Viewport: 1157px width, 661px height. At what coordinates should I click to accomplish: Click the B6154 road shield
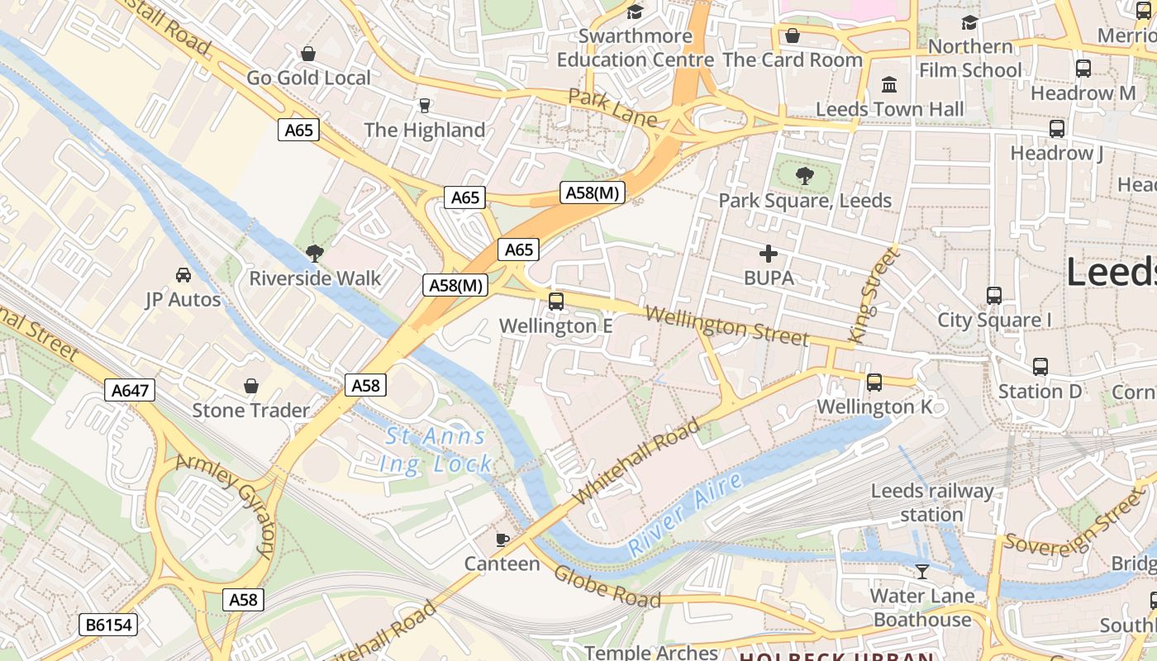point(109,625)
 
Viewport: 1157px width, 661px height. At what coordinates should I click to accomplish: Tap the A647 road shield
point(131,390)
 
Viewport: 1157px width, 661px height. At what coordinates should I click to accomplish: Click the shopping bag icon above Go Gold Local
point(308,55)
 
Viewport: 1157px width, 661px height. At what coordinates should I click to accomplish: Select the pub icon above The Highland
point(425,106)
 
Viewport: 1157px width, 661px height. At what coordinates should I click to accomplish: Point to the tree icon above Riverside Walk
point(314,253)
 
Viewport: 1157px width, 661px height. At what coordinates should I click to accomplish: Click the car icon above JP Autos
point(183,274)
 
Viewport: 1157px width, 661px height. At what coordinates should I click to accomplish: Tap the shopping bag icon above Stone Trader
point(251,386)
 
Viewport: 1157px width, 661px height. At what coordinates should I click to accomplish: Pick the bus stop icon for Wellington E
point(556,302)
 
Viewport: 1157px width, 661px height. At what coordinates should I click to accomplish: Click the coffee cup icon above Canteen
point(502,540)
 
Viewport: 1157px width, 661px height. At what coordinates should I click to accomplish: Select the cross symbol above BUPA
point(769,254)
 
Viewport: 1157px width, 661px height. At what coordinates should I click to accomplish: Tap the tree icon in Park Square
point(804,175)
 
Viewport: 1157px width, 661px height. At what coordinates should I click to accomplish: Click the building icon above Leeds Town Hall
point(889,84)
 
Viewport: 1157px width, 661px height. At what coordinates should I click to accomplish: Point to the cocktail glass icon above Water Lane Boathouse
point(922,571)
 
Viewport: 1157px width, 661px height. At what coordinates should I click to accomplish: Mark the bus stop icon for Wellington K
point(874,383)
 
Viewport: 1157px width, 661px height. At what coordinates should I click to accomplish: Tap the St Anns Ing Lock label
point(436,450)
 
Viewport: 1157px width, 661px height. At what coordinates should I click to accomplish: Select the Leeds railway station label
point(932,502)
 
